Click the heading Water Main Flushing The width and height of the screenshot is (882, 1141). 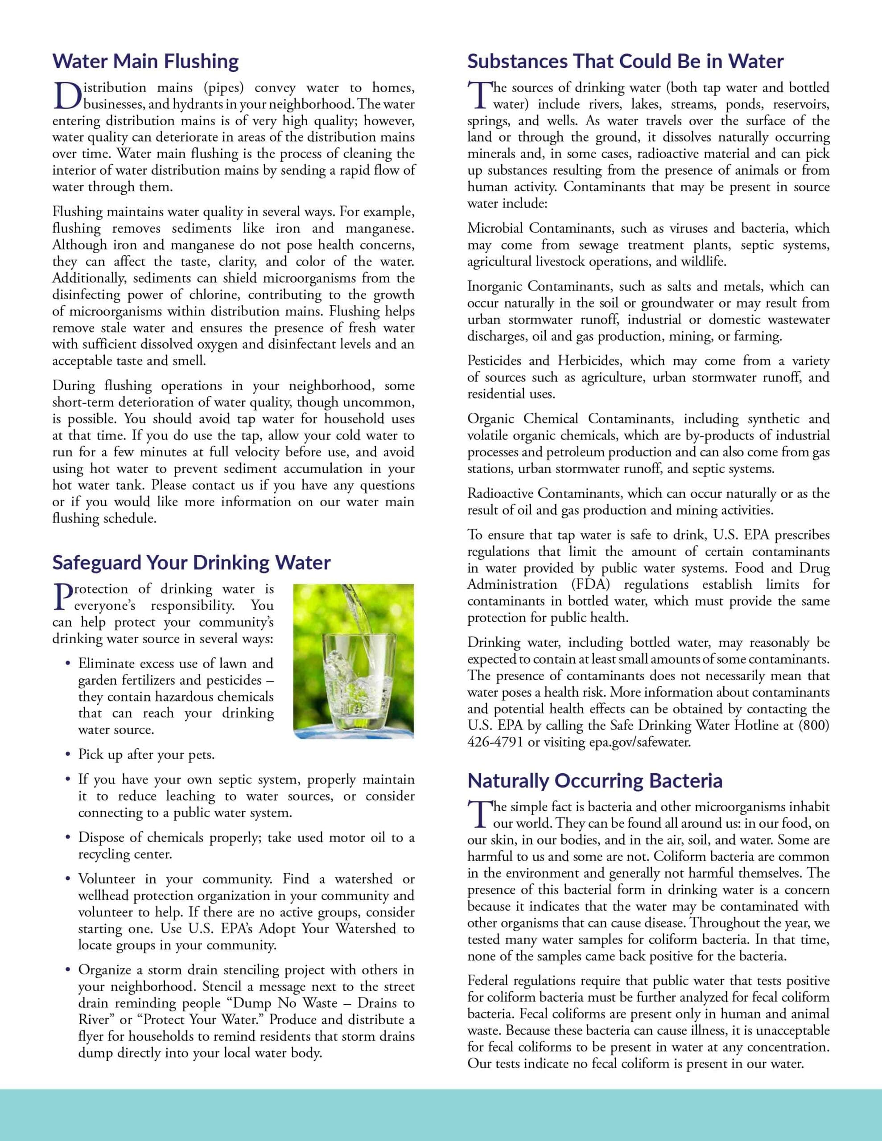coord(145,62)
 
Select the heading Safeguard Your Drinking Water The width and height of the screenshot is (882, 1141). coord(191,562)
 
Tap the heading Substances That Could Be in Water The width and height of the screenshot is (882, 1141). coord(625,62)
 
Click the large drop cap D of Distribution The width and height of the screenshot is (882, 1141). coord(67,97)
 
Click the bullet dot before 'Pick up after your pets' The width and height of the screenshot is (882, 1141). coord(68,755)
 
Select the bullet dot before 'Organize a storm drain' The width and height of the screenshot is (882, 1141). coord(68,970)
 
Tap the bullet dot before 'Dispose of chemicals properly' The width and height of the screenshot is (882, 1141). coord(68,838)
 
